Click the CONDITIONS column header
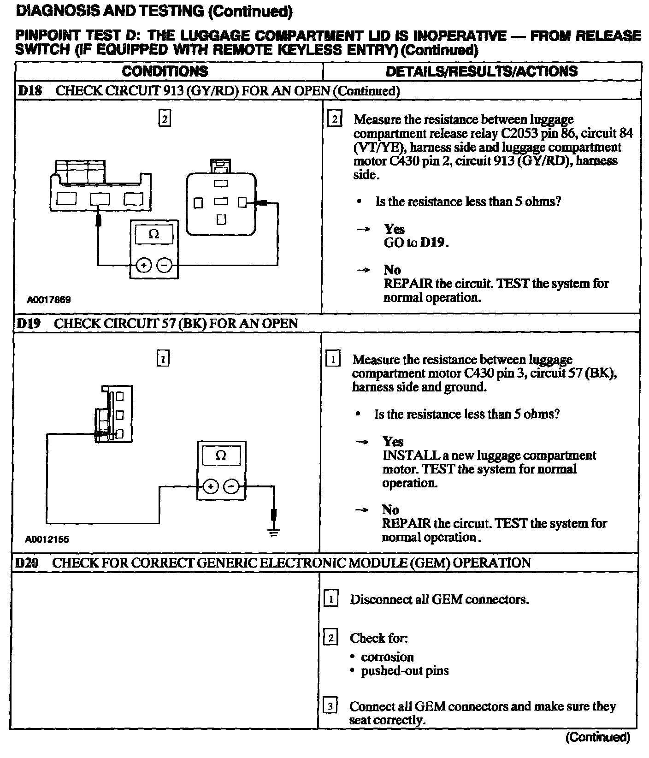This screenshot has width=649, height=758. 165,71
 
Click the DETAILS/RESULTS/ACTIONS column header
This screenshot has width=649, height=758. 481,71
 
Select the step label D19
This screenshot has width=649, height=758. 29,324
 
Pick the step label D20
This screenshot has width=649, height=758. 27,563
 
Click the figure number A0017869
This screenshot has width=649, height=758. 48,300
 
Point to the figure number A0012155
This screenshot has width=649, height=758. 47,539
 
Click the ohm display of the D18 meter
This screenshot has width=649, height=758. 154,234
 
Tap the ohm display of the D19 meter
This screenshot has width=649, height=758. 221,456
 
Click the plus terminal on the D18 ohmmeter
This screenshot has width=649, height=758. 144,265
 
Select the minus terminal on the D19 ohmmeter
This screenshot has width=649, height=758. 232,486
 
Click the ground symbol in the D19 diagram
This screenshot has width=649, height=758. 274,533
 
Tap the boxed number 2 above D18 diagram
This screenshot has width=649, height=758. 164,118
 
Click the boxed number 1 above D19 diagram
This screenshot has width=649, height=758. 163,358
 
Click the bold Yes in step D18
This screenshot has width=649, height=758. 394,229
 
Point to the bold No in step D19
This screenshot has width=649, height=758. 390,509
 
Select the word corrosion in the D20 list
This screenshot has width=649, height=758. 387,657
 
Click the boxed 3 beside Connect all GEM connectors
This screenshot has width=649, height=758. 330,706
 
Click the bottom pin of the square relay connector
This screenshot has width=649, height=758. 221,220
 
